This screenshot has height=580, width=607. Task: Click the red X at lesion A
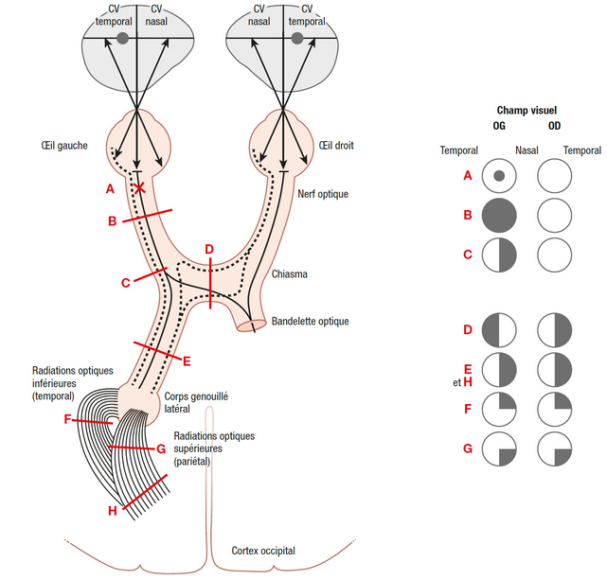pyautogui.click(x=139, y=187)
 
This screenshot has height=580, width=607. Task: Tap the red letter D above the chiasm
pyautogui.click(x=209, y=249)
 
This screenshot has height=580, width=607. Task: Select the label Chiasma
pyautogui.click(x=289, y=274)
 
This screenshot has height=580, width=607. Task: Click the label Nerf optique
pyautogui.click(x=323, y=194)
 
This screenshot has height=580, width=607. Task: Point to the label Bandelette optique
pyautogui.click(x=310, y=322)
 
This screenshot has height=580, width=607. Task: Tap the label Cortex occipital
pyautogui.click(x=263, y=551)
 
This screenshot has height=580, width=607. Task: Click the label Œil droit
pyautogui.click(x=336, y=146)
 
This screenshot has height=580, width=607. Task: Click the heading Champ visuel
pyautogui.click(x=527, y=111)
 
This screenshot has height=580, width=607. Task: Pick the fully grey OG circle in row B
pyautogui.click(x=500, y=216)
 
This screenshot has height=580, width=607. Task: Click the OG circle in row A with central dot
pyautogui.click(x=500, y=176)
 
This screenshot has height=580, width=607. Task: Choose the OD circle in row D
pyautogui.click(x=555, y=330)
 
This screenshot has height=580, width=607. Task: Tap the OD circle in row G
pyautogui.click(x=555, y=448)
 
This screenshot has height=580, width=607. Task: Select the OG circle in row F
pyautogui.click(x=500, y=410)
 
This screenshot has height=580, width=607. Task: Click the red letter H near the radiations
pyautogui.click(x=112, y=511)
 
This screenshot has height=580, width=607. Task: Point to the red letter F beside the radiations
pyautogui.click(x=67, y=419)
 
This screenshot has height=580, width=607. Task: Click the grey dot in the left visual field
pyautogui.click(x=122, y=39)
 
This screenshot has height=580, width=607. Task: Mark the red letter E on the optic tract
pyautogui.click(x=186, y=360)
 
